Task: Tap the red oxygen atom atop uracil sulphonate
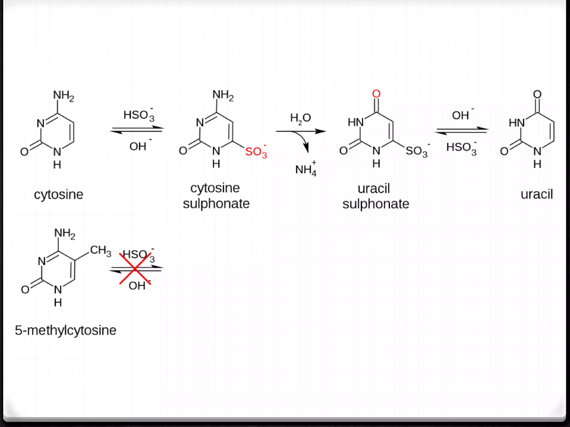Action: pos(376,94)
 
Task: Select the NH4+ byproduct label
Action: pos(306,169)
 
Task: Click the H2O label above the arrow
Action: pos(300,118)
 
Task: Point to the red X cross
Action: pos(135,269)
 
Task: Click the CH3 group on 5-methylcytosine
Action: pos(100,250)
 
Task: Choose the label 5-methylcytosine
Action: pos(65,330)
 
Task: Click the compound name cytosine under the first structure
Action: pos(58,194)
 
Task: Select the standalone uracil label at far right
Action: pos(536,194)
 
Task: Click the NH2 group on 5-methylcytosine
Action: pos(65,233)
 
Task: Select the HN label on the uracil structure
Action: pos(516,123)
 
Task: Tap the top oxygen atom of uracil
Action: pos(537,94)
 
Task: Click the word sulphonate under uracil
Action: pos(375,204)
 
